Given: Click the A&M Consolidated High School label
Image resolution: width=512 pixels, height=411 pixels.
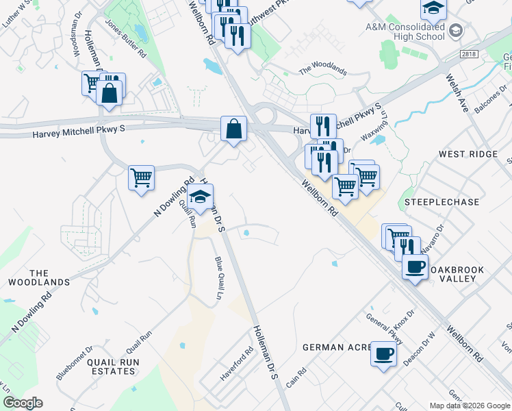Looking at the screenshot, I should point(405,31).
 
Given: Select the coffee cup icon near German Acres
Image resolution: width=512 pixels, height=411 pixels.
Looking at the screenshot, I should point(383,354).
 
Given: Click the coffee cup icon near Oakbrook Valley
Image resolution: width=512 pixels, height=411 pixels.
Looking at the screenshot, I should point(415,266).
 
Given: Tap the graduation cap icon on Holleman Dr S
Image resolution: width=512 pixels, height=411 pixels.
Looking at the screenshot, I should point(201,197).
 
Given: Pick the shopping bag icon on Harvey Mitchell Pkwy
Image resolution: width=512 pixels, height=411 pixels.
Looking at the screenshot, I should point(233,128).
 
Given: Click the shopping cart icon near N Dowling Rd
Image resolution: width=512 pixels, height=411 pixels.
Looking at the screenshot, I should point(141,177).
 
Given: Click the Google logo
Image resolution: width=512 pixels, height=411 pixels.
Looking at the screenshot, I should point(23,403).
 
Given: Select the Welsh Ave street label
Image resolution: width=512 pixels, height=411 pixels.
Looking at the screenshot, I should point(457,94).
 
